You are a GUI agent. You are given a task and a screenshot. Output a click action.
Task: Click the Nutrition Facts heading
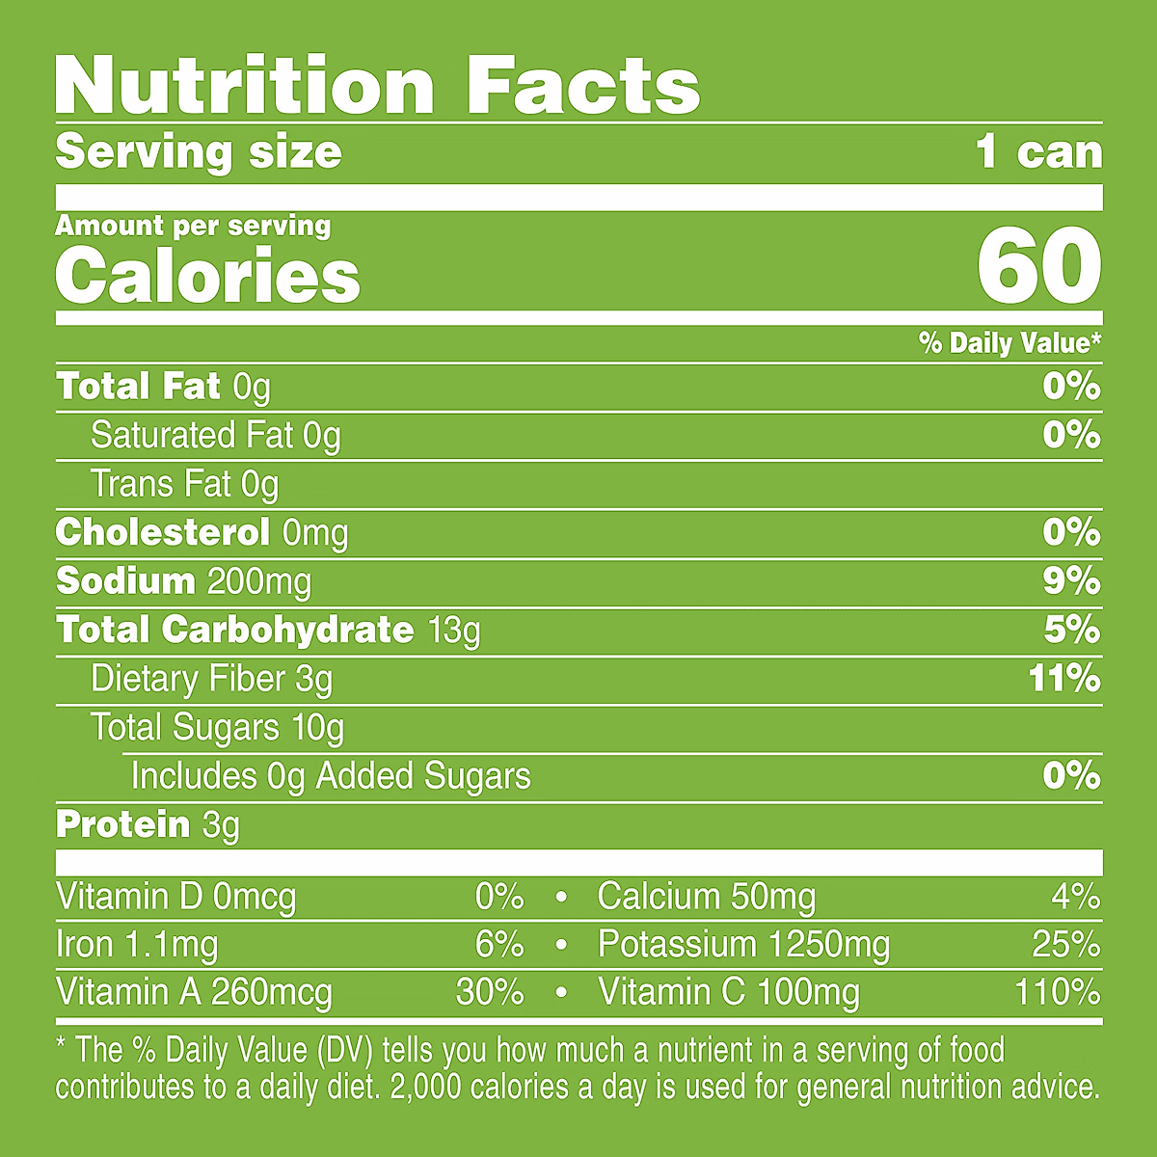point(378,87)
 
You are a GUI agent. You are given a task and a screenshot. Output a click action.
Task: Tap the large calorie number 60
point(1038,265)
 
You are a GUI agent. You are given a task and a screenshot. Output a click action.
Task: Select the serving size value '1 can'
point(1038,152)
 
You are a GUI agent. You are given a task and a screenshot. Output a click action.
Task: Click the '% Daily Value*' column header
point(1009,343)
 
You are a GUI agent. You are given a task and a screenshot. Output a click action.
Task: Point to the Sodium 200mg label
point(183,581)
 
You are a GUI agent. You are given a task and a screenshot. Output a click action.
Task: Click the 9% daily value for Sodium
point(1071,581)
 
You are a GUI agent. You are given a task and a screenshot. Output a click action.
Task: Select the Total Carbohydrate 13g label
point(268,631)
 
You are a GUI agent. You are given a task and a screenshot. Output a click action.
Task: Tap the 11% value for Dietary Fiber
point(1064,679)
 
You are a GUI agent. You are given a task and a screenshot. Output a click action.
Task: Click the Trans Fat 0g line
point(184,484)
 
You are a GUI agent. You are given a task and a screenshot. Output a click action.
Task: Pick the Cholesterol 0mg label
point(202,532)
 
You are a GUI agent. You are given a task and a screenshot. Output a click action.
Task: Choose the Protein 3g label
point(148,825)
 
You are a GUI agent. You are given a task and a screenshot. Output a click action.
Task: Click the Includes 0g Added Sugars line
point(331,776)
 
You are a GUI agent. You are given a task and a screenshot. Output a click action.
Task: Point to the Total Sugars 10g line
point(217,728)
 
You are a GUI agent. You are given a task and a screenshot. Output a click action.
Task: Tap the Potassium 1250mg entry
point(743,945)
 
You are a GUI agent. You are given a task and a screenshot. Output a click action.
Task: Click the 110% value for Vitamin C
point(1057,992)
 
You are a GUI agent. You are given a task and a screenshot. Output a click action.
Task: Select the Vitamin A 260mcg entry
point(194,992)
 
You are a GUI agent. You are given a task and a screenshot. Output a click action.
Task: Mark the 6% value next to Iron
point(499,945)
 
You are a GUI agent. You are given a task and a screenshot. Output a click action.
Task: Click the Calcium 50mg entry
point(706,897)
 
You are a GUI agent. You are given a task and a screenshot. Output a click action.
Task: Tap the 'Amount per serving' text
point(193,226)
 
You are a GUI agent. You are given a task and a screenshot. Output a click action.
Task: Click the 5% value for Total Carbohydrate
point(1071,631)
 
